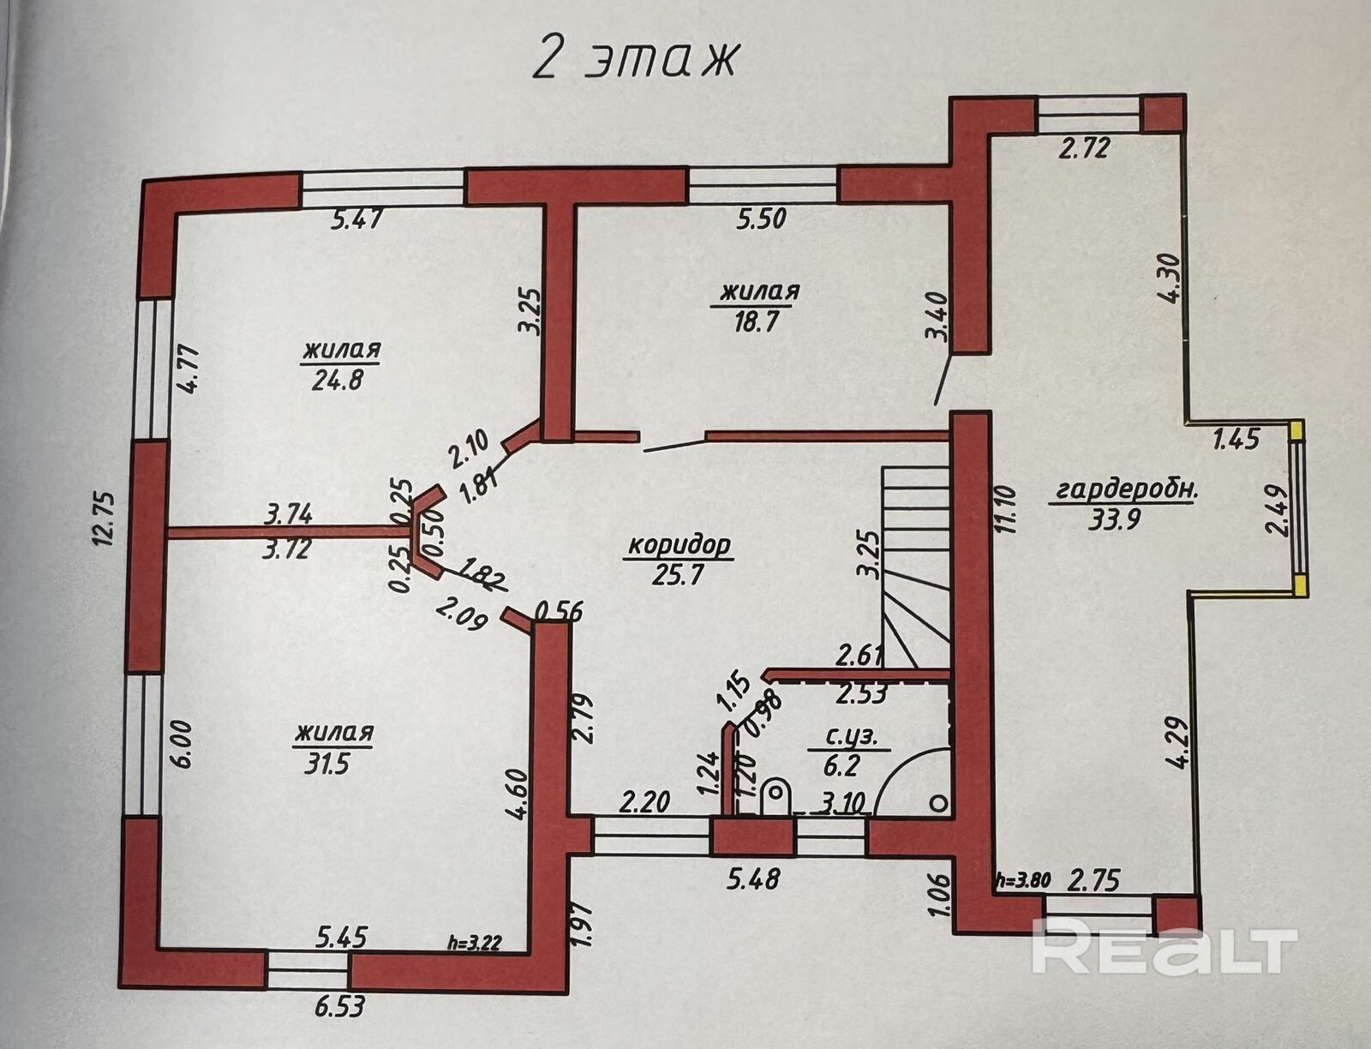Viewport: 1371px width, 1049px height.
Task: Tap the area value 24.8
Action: pos(338,379)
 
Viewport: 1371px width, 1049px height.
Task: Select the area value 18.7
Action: pos(755,321)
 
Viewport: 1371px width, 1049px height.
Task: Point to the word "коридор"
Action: pos(679,545)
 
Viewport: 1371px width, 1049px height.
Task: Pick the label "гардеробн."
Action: pos(1126,491)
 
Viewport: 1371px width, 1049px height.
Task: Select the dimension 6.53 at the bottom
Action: pos(338,1006)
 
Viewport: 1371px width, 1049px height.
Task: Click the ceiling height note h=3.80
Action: pos(1025,879)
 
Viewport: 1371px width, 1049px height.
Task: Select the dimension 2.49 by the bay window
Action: pos(1278,510)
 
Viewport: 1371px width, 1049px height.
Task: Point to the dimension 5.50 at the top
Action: pos(762,219)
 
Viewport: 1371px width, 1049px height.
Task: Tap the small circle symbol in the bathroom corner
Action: pos(940,804)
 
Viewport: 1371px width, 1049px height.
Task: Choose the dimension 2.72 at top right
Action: pos(1084,148)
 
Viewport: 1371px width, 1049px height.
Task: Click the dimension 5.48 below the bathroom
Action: pos(753,878)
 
